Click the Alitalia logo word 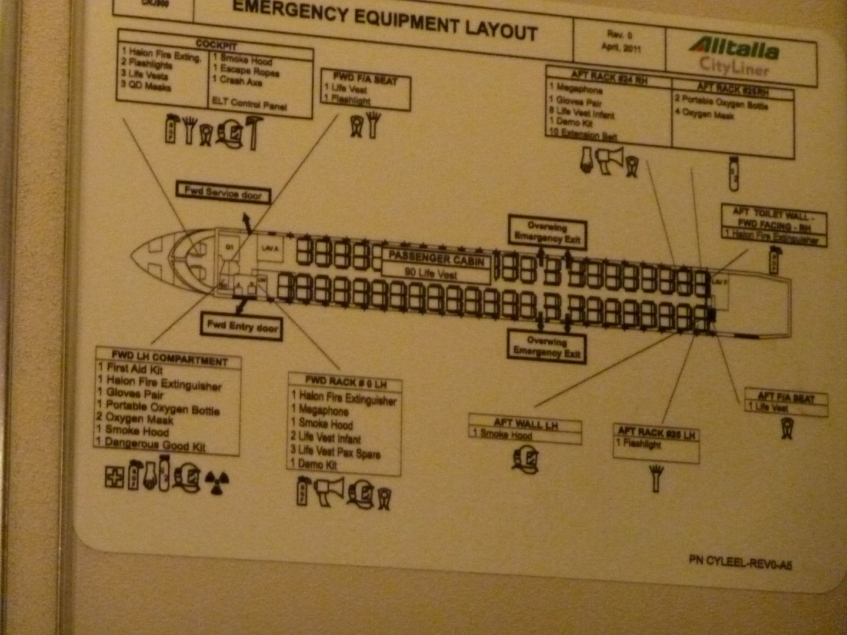(735, 48)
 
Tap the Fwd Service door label (224, 193)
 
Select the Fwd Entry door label (242, 327)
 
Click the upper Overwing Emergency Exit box (548, 232)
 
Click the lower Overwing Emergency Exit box (547, 346)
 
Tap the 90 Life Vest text (431, 273)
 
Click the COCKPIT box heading (216, 45)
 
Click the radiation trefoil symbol (217, 482)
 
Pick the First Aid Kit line (131, 369)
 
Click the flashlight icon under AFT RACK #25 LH (656, 477)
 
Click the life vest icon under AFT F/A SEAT (786, 428)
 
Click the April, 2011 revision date (621, 48)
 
